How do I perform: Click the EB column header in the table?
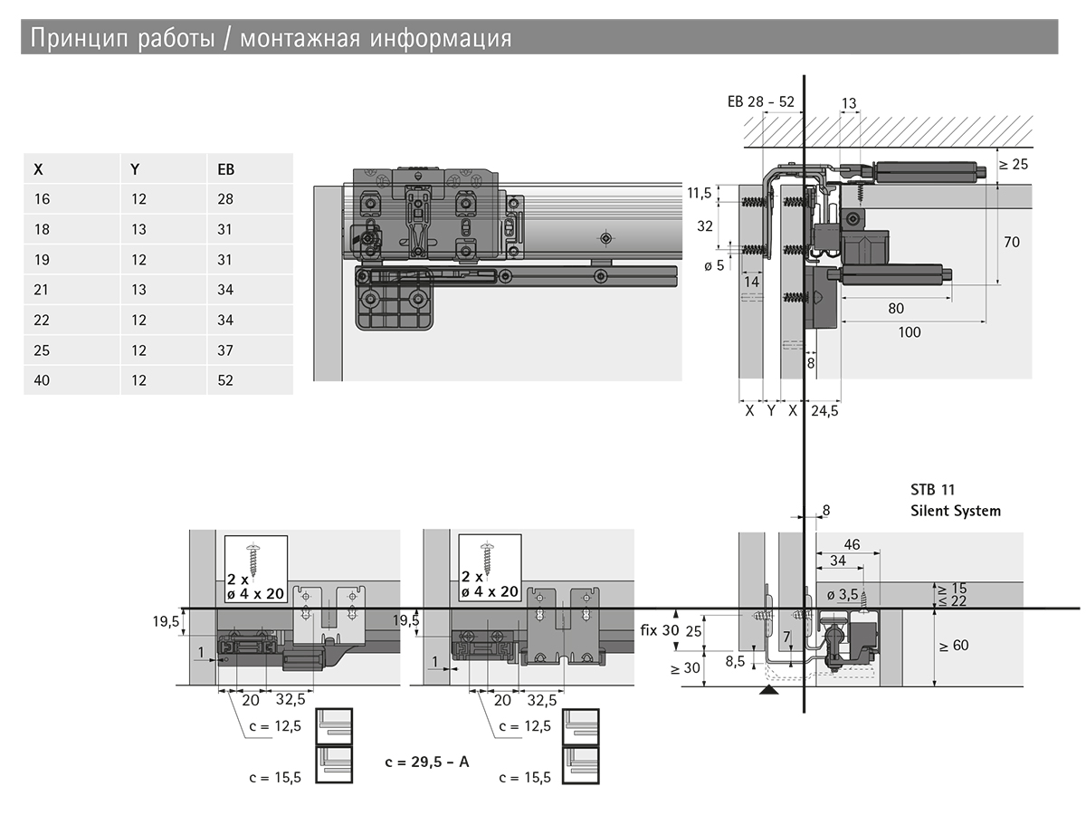point(225,169)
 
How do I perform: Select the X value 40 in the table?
point(42,380)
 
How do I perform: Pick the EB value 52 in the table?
point(225,380)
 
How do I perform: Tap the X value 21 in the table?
point(41,290)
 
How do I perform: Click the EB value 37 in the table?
point(225,350)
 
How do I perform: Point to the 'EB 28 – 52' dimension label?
point(760,101)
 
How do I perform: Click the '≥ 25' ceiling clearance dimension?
point(1014,164)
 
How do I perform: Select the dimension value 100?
point(910,332)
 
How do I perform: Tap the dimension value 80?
point(896,308)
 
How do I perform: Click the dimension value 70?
point(1012,242)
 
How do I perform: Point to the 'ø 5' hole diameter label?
point(714,265)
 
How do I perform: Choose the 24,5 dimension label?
point(824,411)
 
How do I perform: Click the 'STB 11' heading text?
point(933,489)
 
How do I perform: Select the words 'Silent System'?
point(956,511)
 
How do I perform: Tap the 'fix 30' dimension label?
point(660,630)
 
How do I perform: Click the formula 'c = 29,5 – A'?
point(427,762)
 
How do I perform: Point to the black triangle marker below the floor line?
point(768,689)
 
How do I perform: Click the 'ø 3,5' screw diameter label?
point(842,594)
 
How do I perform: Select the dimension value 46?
point(852,544)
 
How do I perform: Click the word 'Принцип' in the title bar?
point(79,38)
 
